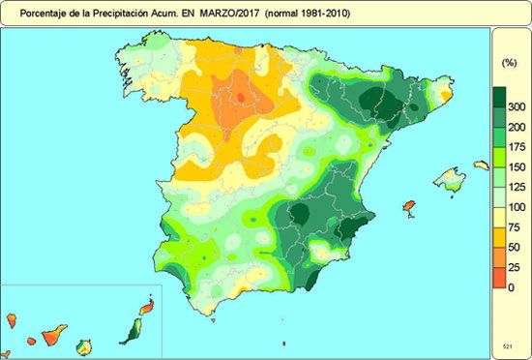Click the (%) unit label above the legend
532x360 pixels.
(x=509, y=62)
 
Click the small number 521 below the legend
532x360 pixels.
(x=508, y=345)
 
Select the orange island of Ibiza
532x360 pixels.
(x=408, y=208)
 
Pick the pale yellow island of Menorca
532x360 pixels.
(x=482, y=165)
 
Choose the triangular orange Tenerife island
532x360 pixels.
(x=53, y=334)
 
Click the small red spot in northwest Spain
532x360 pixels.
(x=241, y=96)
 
